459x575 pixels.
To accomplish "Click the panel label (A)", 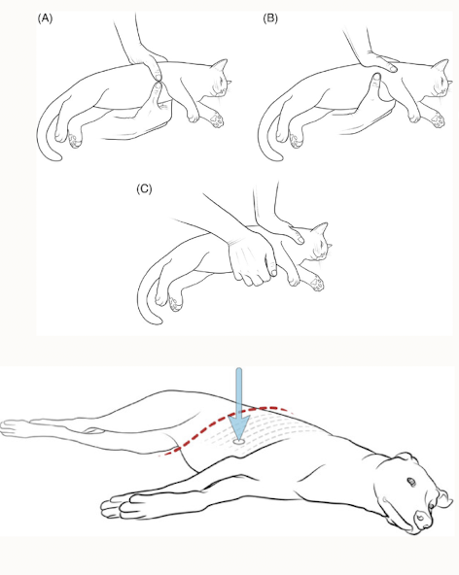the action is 45,18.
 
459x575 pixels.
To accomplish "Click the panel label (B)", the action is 270,18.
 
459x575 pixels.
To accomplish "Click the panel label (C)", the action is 144,188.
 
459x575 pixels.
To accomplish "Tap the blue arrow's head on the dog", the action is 239,426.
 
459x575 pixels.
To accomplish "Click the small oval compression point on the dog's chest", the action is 239,442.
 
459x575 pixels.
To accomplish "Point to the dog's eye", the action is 411,482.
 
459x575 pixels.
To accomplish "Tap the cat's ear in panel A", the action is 220,67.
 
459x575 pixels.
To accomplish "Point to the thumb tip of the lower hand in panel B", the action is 376,77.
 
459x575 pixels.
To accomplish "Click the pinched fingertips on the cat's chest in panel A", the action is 158,81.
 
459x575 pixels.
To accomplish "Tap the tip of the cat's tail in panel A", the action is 58,157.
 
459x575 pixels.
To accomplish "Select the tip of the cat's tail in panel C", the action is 159,321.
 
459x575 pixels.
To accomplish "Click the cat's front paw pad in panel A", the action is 217,119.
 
